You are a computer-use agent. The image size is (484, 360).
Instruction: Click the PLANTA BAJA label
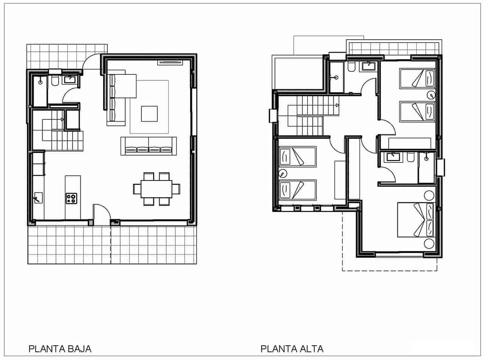tap(60, 348)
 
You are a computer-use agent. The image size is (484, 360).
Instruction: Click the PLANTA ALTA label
tap(292, 348)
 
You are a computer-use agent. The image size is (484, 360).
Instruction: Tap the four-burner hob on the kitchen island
tap(71, 198)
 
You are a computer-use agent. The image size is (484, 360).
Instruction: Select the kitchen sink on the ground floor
tap(38, 198)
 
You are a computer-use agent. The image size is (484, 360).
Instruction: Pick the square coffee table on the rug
tap(149, 114)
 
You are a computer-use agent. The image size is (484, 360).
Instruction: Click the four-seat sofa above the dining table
tap(149, 146)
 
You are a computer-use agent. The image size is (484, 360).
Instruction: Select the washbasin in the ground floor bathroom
tap(70, 79)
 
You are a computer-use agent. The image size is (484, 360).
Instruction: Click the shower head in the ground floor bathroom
tap(40, 80)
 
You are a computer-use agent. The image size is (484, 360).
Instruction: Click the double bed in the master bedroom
tap(415, 220)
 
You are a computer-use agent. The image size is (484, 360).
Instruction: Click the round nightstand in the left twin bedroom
tap(281, 174)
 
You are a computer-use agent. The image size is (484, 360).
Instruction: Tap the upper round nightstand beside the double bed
tap(429, 195)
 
